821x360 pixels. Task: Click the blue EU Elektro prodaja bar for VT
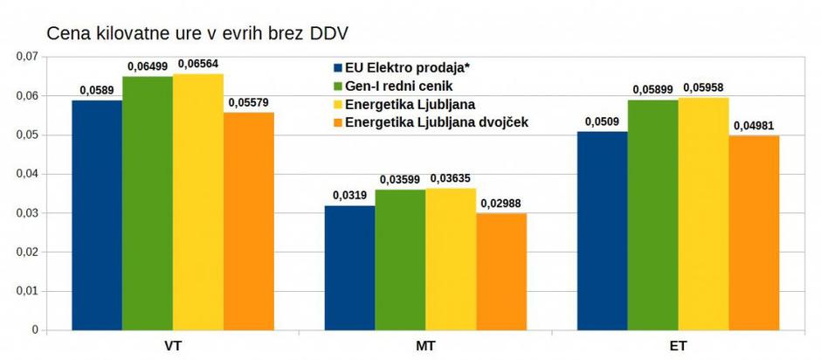97,215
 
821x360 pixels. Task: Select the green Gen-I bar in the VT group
148,204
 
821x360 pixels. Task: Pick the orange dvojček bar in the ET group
754,232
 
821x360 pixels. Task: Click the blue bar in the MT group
349,267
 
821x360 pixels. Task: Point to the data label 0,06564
198,64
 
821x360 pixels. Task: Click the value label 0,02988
501,203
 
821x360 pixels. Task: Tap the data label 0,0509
602,121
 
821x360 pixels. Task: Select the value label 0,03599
400,179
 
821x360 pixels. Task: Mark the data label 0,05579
249,102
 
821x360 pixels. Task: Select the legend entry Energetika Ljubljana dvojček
438,122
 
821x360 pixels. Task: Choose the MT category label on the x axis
425,346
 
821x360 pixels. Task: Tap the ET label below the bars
678,346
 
